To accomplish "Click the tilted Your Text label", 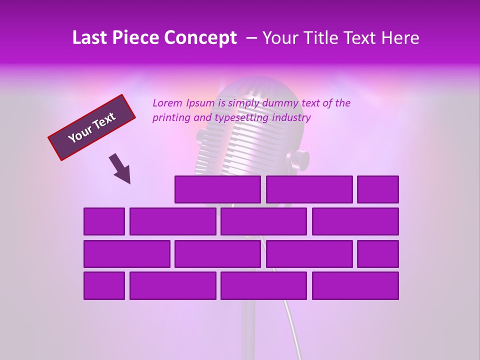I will coord(92,127).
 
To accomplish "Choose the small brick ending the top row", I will coord(377,189).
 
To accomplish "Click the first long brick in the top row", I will coord(217,189).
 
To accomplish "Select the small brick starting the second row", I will coord(104,221).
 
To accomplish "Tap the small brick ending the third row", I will coord(377,254).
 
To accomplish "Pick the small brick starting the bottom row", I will coord(104,286).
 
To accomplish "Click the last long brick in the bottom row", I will coord(355,286).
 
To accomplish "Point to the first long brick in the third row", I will coord(126,254).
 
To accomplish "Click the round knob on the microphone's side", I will coord(300,159).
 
